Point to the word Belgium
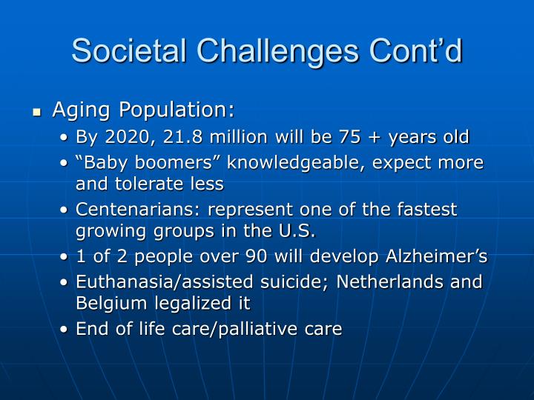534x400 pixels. click(108, 303)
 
